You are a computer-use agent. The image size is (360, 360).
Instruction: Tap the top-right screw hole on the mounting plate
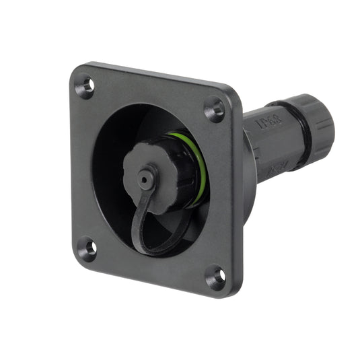point(215,107)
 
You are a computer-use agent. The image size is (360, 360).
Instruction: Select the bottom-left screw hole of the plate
point(86,248)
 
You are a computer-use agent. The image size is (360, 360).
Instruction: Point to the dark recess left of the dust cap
point(108,168)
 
